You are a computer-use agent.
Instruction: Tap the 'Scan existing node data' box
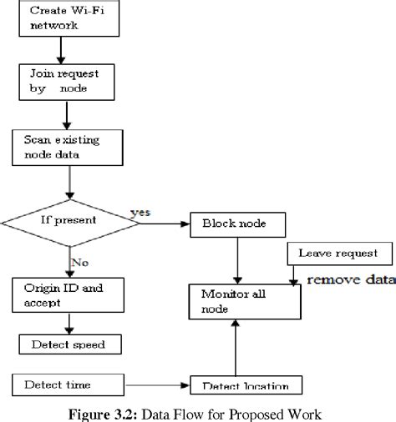(x=61, y=147)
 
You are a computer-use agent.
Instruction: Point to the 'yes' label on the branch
(x=141, y=213)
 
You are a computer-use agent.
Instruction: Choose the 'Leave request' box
(x=338, y=253)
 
